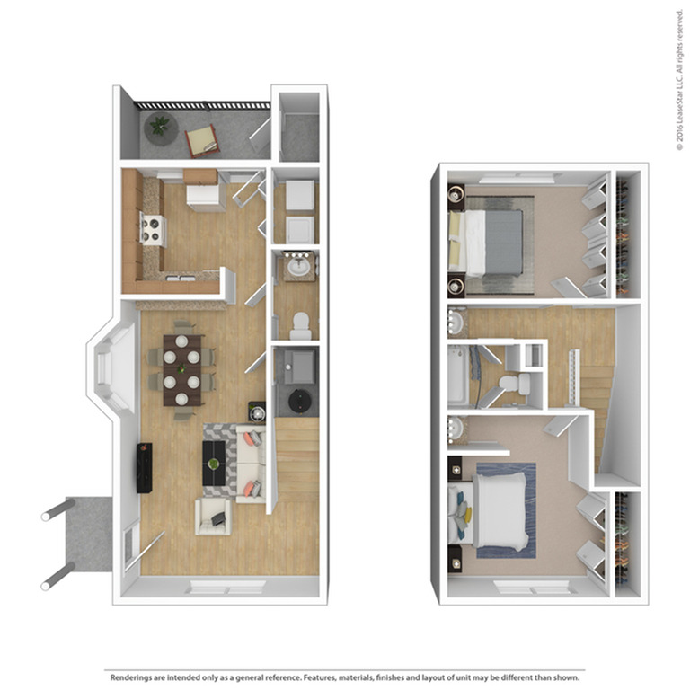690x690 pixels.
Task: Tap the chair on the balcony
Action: click(x=202, y=139)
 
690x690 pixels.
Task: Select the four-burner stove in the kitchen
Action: click(x=153, y=230)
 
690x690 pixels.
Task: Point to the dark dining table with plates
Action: click(x=181, y=369)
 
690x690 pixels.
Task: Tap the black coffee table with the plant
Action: click(x=214, y=464)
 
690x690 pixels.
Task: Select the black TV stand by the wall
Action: click(x=144, y=467)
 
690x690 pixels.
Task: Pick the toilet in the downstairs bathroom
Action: click(x=301, y=324)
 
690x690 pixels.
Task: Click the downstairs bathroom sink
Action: click(x=299, y=266)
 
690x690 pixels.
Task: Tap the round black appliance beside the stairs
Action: click(x=297, y=398)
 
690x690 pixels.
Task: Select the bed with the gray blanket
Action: click(x=490, y=242)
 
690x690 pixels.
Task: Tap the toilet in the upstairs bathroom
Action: click(x=512, y=385)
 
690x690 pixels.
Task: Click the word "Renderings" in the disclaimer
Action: click(x=131, y=676)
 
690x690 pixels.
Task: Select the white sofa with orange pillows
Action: click(x=251, y=463)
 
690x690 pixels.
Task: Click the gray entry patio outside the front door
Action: click(x=90, y=535)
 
